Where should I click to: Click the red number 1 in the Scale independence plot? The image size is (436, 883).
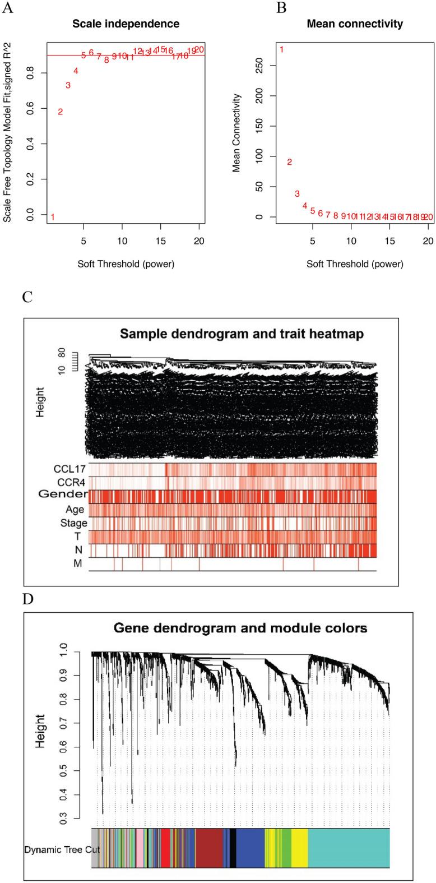pyautogui.click(x=53, y=217)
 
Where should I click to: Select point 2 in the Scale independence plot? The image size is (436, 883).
pyautogui.click(x=61, y=112)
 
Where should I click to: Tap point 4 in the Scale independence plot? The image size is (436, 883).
pyautogui.click(x=76, y=71)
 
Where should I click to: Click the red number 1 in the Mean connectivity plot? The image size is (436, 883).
pyautogui.click(x=281, y=50)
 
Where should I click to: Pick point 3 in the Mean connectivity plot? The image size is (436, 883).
pyautogui.click(x=297, y=193)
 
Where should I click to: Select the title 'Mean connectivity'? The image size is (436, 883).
pyautogui.click(x=354, y=24)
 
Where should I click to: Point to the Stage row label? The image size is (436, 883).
pyautogui.click(x=74, y=523)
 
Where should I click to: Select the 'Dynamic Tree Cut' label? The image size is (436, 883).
pyautogui.click(x=62, y=834)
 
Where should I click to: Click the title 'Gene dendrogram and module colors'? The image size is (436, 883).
pyautogui.click(x=240, y=628)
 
